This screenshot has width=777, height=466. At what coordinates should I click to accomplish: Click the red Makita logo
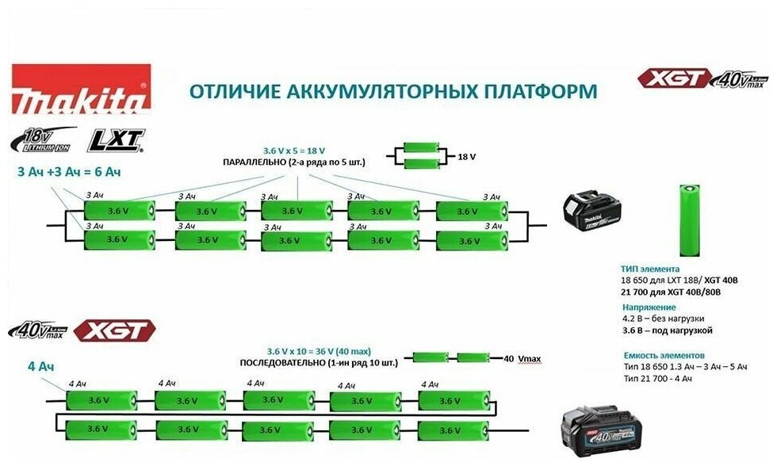(x=81, y=90)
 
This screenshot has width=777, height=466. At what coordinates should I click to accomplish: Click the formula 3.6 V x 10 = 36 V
(x=306, y=350)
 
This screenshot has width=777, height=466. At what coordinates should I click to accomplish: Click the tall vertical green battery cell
(x=689, y=221)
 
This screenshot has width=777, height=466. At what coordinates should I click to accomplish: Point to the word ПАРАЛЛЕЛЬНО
(x=257, y=162)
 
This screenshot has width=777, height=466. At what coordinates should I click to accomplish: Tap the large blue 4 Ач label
(x=40, y=366)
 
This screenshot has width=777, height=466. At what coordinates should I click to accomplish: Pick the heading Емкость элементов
(x=664, y=355)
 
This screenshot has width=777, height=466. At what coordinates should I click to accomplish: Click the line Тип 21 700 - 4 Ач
(x=658, y=379)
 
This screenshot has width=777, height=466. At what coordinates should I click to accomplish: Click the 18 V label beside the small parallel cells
(x=467, y=157)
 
